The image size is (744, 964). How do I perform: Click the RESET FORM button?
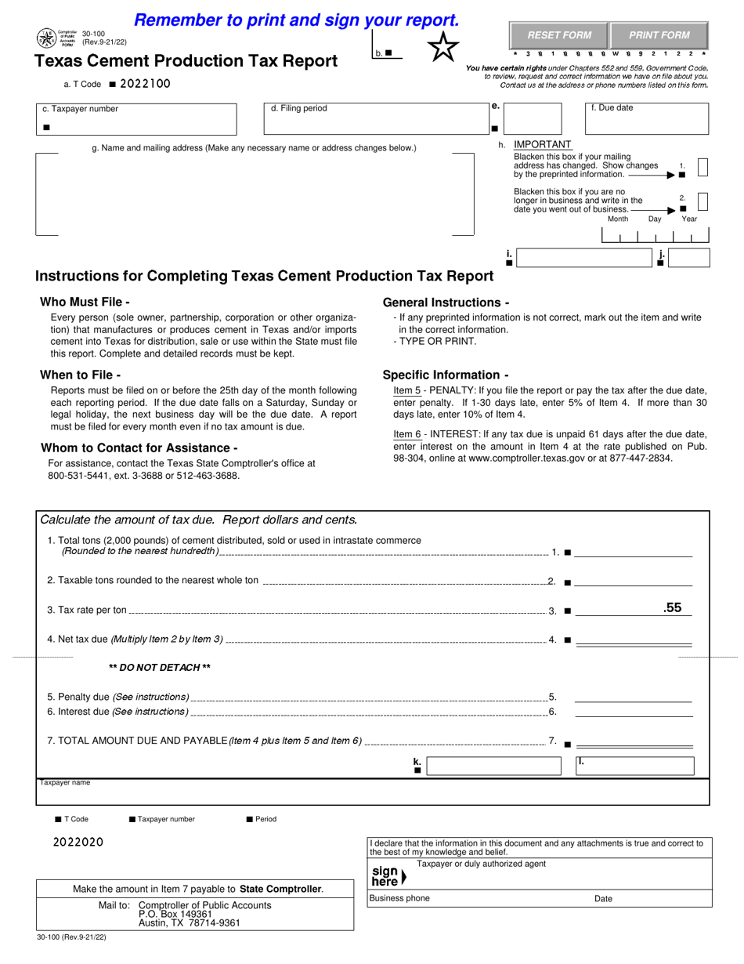[558, 35]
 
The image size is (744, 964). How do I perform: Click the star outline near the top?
[442, 48]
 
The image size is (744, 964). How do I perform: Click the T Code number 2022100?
[145, 84]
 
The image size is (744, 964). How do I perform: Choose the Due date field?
[648, 119]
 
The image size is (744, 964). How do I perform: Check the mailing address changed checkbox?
[702, 167]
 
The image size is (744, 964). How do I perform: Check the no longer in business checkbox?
[702, 201]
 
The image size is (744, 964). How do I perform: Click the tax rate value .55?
[672, 607]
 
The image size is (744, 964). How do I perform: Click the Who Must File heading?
[85, 302]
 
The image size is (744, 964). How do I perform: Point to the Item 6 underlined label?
[406, 434]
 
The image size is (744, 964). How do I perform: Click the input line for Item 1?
[634, 552]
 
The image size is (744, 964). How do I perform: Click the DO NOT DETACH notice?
[159, 668]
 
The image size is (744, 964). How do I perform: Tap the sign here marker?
[388, 875]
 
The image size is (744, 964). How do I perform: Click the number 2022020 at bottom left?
[78, 843]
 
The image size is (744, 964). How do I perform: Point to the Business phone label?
[399, 898]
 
